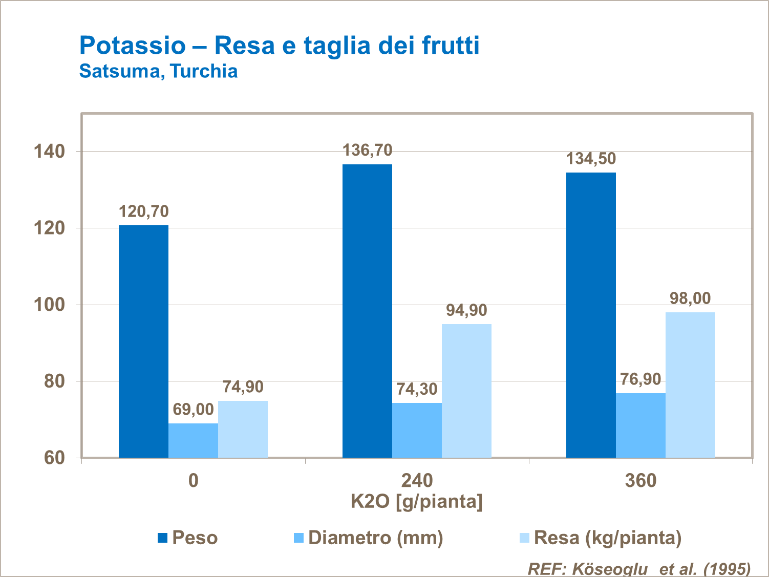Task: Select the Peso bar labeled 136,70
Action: point(367,311)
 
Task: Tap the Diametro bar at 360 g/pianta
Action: point(640,425)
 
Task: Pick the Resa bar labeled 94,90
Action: point(466,391)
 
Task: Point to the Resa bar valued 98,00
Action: point(690,384)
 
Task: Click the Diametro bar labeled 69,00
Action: point(193,440)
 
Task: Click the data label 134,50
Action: point(591,159)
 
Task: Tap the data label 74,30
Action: point(417,389)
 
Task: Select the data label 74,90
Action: point(243,387)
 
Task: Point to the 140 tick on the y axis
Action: point(49,152)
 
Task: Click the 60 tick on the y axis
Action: point(54,458)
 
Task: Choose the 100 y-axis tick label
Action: point(49,305)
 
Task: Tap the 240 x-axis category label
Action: point(417,481)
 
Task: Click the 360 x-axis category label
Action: point(640,481)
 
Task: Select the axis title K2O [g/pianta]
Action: point(417,501)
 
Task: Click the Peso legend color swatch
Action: point(163,538)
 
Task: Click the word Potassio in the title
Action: point(132,45)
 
